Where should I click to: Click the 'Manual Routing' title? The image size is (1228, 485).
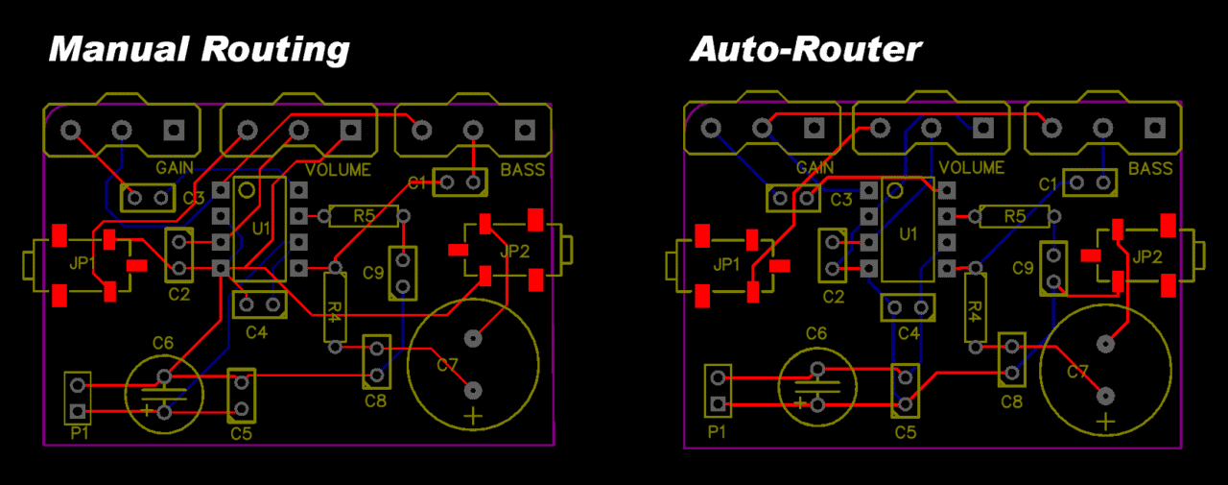click(x=199, y=48)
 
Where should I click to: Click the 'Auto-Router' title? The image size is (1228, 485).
click(x=806, y=48)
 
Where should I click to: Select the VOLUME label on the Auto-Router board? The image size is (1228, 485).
click(x=972, y=167)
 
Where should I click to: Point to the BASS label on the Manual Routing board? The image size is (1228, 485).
click(x=522, y=170)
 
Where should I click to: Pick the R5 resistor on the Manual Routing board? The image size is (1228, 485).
click(x=363, y=215)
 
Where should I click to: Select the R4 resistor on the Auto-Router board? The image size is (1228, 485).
click(x=974, y=306)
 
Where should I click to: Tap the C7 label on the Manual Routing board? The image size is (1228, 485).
click(x=448, y=365)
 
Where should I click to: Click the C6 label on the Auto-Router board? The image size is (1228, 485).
click(x=815, y=333)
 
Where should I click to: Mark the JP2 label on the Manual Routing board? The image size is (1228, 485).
click(x=515, y=253)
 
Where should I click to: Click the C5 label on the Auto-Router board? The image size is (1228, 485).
click(x=906, y=432)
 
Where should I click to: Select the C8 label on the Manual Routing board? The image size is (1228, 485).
click(x=375, y=400)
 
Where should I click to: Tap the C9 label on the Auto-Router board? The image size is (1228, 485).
click(x=1023, y=267)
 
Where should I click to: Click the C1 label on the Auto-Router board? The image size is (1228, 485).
click(x=1049, y=183)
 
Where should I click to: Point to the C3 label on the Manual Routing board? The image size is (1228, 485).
click(x=194, y=198)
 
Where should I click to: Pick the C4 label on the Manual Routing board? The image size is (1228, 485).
click(x=256, y=332)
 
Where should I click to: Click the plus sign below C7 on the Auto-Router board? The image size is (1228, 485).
click(x=1107, y=422)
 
